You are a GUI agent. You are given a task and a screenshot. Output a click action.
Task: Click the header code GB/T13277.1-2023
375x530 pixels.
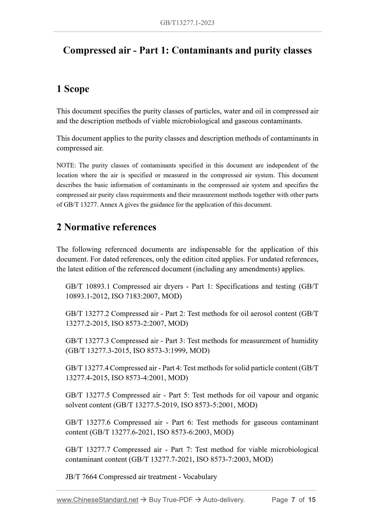187,23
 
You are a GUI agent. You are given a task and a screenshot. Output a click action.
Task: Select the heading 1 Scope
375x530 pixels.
73,89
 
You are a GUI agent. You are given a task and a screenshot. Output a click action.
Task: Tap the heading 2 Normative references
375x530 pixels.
106,227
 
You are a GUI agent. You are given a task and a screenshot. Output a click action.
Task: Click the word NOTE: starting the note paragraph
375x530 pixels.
66,165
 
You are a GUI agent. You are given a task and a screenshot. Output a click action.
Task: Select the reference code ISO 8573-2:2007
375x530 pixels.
141,323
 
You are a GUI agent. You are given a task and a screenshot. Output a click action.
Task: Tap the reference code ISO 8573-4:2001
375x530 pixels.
141,378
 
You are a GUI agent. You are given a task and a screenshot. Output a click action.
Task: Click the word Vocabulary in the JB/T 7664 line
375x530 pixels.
200,477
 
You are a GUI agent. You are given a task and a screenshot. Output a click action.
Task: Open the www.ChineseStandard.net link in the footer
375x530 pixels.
97,500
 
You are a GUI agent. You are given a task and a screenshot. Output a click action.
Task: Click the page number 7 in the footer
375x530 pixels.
293,500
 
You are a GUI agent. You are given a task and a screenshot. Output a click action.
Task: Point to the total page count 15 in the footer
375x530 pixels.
312,500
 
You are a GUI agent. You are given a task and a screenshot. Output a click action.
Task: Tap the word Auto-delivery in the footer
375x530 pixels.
223,500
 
